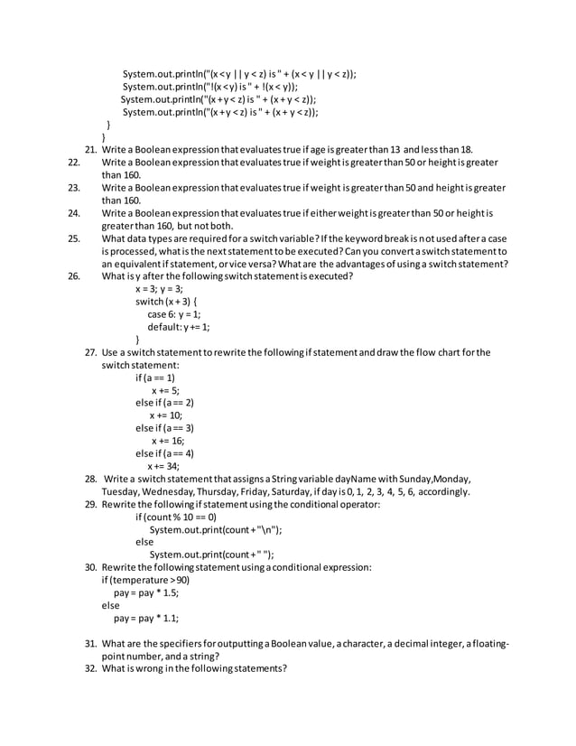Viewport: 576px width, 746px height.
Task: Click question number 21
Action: click(x=91, y=150)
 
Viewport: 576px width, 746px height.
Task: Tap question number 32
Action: click(x=91, y=668)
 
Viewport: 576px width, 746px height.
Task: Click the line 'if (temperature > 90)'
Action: click(x=145, y=581)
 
